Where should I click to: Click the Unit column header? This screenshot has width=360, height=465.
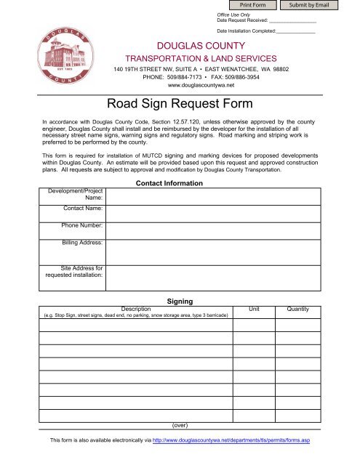[255, 310]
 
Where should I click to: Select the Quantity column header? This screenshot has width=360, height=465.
[298, 310]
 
